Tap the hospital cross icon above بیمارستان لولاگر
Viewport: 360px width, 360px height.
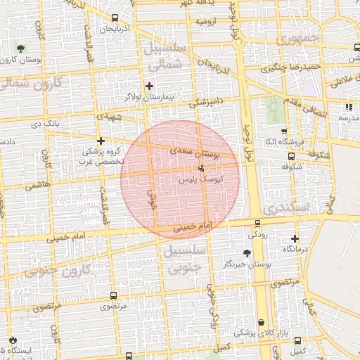(149, 85)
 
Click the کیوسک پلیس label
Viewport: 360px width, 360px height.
(202, 179)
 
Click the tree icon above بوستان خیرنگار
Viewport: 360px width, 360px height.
(247, 253)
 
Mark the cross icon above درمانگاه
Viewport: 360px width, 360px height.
(295, 239)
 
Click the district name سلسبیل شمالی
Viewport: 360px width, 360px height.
(166, 56)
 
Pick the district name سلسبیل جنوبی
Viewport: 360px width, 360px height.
(184, 259)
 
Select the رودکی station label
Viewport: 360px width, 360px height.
(257, 233)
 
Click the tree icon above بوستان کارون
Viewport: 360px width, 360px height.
(20, 49)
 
